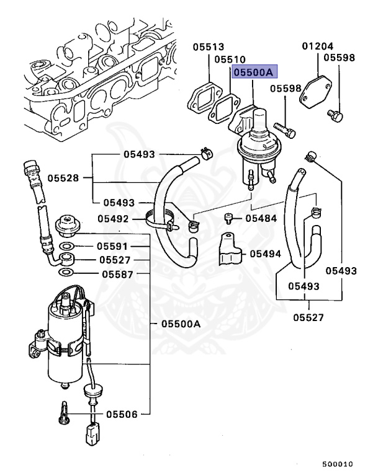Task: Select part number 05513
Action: [x=207, y=46]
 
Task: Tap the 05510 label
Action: [x=230, y=59]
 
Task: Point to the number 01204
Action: [x=318, y=46]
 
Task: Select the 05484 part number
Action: [x=261, y=218]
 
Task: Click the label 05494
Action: [x=266, y=253]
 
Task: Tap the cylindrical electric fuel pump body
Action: [x=65, y=347]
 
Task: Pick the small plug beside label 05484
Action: [x=229, y=218]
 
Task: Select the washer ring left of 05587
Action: [x=65, y=273]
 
